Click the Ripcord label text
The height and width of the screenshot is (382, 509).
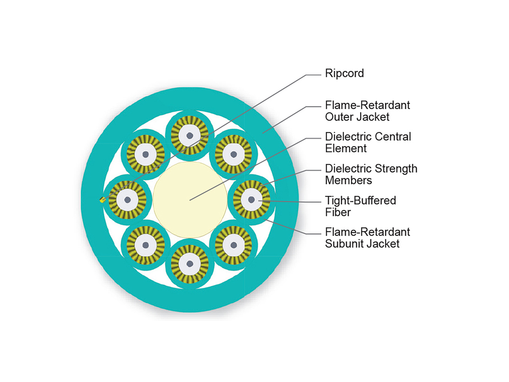344,73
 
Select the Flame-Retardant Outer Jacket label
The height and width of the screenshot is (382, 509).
367,110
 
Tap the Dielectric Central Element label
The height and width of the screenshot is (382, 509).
368,143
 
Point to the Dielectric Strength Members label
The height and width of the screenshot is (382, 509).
371,174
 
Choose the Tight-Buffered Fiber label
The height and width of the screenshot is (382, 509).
360,206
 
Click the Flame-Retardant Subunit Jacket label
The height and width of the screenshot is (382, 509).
367,238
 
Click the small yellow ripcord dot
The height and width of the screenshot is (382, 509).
102,200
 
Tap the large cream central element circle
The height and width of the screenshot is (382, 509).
190,199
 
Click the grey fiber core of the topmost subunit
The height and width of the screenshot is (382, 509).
190,135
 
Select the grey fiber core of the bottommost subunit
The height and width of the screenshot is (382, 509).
190,264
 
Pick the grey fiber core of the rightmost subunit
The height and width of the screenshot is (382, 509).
252,199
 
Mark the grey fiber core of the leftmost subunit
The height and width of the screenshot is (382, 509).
127,199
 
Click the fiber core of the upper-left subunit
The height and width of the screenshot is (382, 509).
146,154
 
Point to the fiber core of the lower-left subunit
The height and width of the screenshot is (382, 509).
146,244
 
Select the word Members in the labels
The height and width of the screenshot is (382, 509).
348,180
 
